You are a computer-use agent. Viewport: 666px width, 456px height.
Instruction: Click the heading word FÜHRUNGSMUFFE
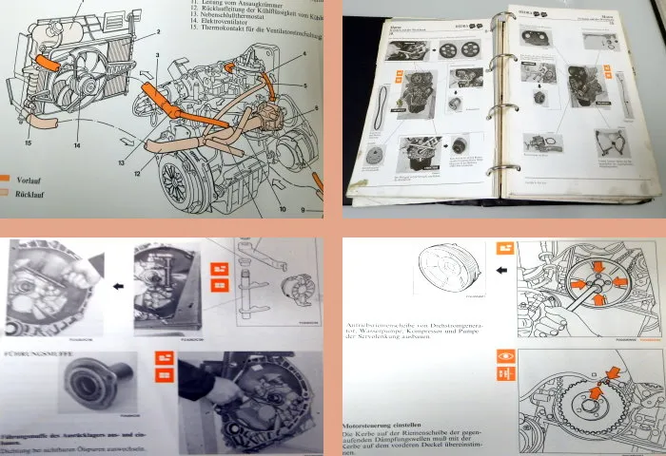(x=39, y=357)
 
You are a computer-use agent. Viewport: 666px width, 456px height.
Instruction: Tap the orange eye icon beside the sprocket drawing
(x=503, y=362)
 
